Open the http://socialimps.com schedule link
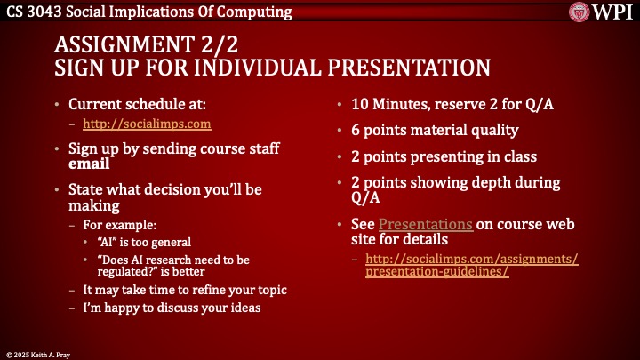coord(147,124)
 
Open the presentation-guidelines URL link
coord(471,265)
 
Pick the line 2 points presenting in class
coord(444,156)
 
